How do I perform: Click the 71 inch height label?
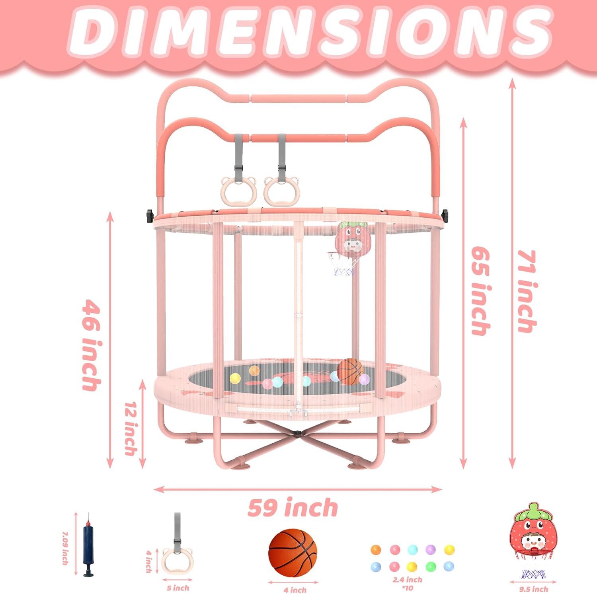click(x=527, y=291)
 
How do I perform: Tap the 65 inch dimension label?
click(x=480, y=291)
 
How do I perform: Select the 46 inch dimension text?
click(x=91, y=345)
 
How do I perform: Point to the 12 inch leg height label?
click(x=131, y=428)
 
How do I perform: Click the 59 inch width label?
click(x=293, y=508)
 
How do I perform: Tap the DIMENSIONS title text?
click(x=310, y=32)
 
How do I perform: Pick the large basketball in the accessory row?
click(x=293, y=551)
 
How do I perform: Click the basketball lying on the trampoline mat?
click(x=349, y=371)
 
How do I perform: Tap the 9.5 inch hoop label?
click(x=533, y=589)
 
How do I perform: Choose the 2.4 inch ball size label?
click(x=407, y=580)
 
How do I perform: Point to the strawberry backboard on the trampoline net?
click(x=353, y=239)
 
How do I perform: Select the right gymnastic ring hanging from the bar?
click(x=282, y=191)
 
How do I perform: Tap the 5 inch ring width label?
click(x=178, y=588)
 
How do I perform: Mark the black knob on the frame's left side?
click(x=150, y=215)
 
